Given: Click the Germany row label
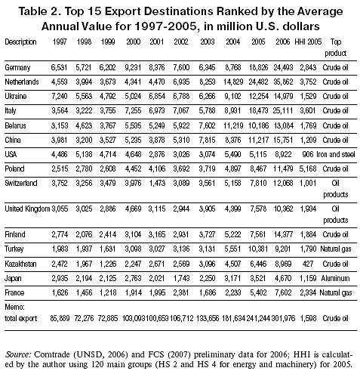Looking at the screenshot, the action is (17, 67).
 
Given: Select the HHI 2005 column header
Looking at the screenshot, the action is (308, 42).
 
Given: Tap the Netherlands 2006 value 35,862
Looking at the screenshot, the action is (283, 82).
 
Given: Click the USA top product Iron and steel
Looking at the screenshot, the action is (336, 154).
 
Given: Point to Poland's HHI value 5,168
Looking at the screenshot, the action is (308, 168).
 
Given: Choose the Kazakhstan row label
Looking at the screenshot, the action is (20, 264).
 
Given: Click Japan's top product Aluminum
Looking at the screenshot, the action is (335, 278).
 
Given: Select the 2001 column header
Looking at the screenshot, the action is (157, 42).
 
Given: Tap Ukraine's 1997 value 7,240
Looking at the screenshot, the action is (60, 96).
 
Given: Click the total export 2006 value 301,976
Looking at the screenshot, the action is (283, 318).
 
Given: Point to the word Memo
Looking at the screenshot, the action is (14, 307).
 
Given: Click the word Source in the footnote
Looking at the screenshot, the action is (18, 354).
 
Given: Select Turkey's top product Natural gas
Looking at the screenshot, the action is (336, 249).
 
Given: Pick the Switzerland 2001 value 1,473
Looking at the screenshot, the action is (157, 183).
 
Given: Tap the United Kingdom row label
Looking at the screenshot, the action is (27, 209).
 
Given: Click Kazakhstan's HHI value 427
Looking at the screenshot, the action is (308, 264).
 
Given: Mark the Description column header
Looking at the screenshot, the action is (20, 42).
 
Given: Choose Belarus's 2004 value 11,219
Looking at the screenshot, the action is (233, 125).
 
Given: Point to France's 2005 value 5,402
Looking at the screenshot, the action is (258, 292).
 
